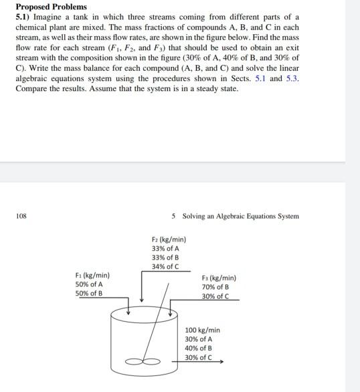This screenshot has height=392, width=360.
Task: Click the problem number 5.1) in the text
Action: click(25, 17)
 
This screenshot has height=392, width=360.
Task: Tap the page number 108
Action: click(21, 216)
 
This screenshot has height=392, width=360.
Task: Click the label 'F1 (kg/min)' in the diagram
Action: click(92, 276)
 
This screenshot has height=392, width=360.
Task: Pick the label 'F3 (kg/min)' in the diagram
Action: click(218, 278)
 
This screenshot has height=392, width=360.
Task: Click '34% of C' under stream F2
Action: click(165, 266)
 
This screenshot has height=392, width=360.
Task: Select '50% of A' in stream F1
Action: click(89, 284)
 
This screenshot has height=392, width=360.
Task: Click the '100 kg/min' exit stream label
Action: click(202, 330)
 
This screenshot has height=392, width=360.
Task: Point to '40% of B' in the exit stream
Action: click(199, 348)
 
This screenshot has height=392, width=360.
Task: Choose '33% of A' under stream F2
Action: click(165, 249)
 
